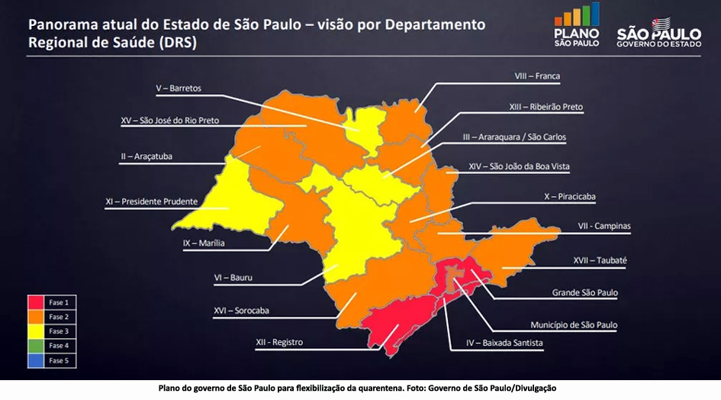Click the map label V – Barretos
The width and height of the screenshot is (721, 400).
179,89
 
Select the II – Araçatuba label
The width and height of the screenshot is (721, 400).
146,156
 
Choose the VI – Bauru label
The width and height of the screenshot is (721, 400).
233,278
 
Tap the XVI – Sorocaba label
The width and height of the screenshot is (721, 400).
241,311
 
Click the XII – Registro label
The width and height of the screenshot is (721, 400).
278,342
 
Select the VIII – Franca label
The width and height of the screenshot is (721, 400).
537,76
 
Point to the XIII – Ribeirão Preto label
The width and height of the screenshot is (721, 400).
546,107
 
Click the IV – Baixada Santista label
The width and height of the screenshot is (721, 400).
504,343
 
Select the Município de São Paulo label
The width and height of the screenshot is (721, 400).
574,324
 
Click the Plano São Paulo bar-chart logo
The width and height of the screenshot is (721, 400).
577,24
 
